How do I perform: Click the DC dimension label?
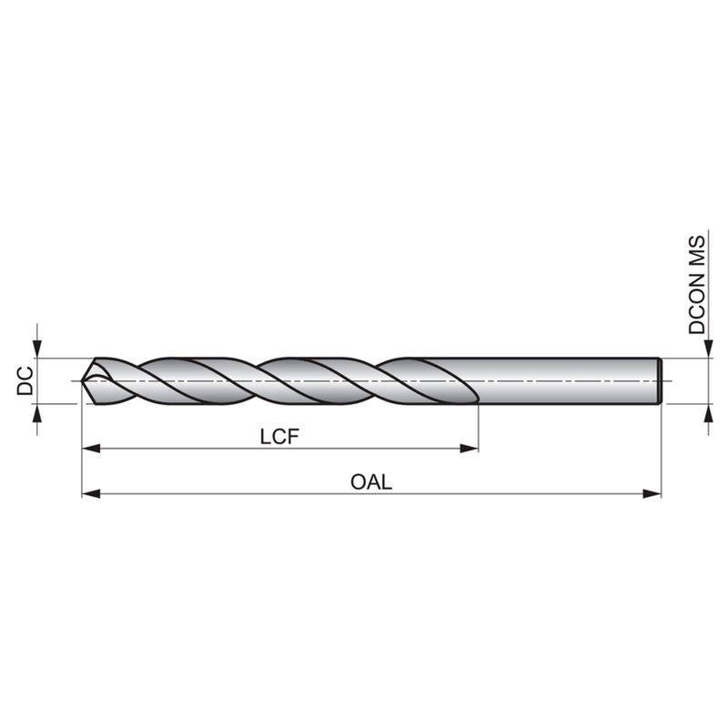(25, 380)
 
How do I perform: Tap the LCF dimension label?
(279, 437)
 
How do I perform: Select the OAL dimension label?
(371, 482)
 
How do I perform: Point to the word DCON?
(696, 304)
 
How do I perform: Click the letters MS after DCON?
(696, 251)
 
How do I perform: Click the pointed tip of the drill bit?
(82, 381)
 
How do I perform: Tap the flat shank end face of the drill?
(660, 380)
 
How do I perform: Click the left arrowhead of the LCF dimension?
(91, 449)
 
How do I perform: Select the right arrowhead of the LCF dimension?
(469, 449)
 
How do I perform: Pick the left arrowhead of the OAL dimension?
(91, 493)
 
